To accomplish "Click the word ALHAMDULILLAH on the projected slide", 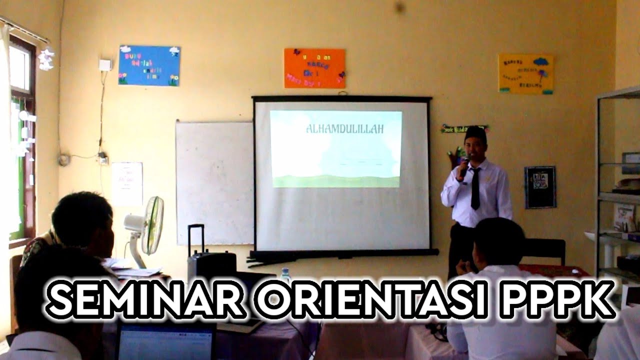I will (x=344, y=129).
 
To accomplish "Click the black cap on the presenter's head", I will (x=475, y=133).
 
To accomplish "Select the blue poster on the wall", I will (x=149, y=65).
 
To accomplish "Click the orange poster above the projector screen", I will (x=314, y=68).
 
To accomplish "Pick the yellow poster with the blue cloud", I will (x=526, y=74).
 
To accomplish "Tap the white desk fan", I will (x=145, y=228).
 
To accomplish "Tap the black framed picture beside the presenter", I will (x=540, y=187).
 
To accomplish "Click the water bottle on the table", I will (x=285, y=275).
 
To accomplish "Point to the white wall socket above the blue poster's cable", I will (x=105, y=65).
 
